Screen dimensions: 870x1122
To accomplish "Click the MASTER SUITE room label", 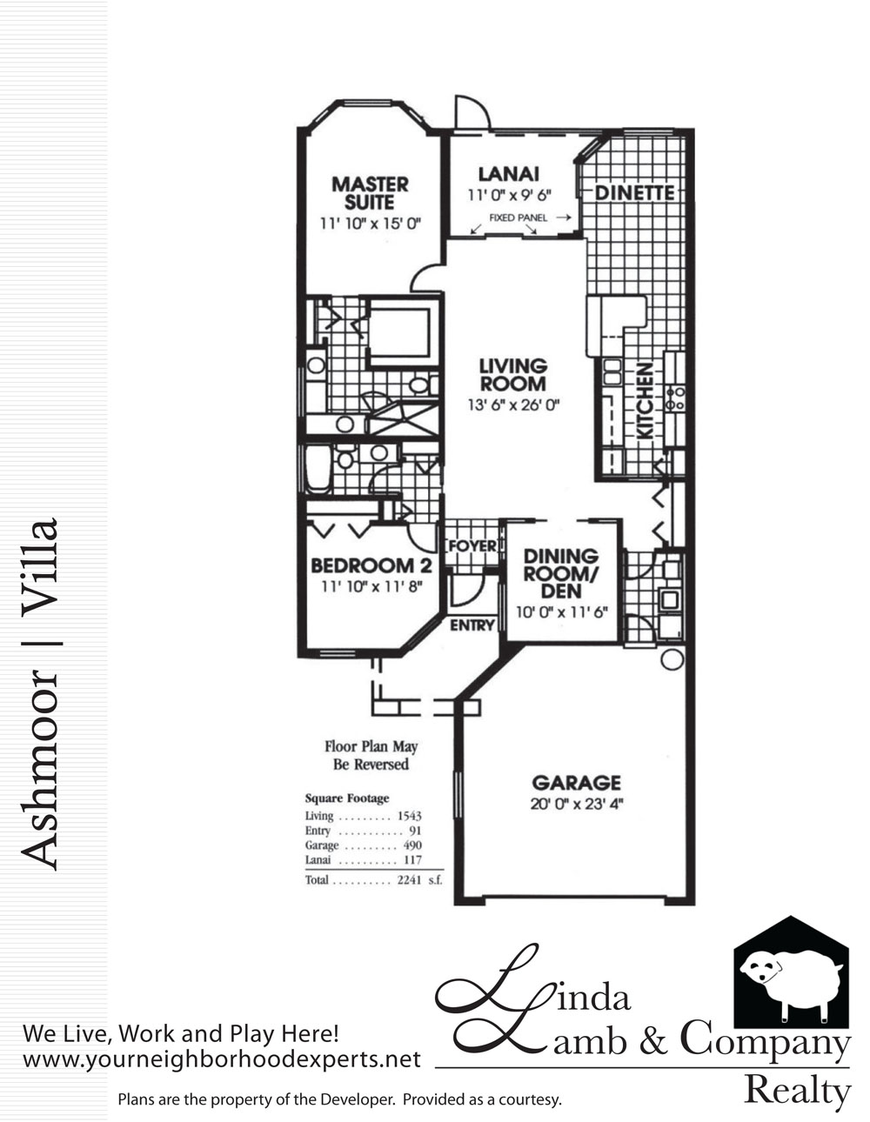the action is (370, 194).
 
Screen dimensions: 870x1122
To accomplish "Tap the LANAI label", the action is (509, 174).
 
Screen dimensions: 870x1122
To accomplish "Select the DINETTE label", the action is (634, 193).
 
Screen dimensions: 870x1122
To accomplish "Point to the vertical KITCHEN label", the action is (645, 401).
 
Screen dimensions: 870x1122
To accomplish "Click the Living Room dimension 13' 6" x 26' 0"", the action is (514, 404).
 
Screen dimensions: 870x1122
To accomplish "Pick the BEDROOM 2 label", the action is (371, 566).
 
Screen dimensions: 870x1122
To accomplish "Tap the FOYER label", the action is (472, 545).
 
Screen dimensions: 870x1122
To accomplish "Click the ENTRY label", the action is (472, 625).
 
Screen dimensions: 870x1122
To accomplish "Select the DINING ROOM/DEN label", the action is (561, 574).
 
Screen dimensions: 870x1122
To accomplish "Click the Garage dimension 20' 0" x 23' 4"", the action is (577, 804).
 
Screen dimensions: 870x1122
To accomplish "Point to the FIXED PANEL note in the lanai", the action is (518, 218).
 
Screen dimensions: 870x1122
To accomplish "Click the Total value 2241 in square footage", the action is (410, 880).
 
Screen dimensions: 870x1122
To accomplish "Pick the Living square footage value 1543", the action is (410, 816).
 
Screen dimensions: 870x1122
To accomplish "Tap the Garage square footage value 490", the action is (412, 845).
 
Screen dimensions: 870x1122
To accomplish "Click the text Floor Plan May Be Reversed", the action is (371, 756).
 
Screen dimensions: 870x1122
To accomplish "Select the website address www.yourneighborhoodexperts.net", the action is (222, 1059).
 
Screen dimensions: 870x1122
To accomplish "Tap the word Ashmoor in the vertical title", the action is (39, 770).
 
